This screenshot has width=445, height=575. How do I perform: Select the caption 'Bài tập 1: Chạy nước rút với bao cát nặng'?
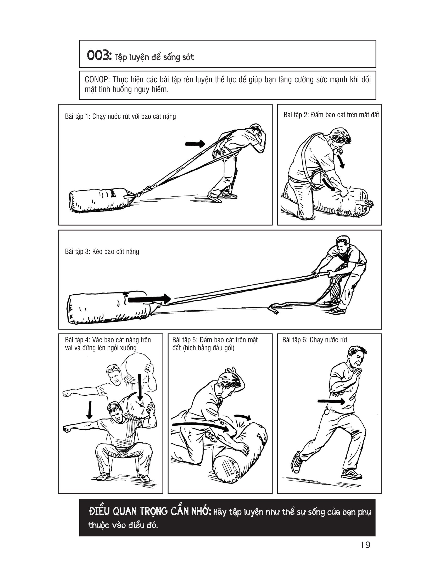coord(120,116)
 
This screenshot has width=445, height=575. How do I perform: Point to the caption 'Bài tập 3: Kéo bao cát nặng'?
coord(102,251)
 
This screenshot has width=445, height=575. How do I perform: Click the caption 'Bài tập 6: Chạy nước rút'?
coord(315,340)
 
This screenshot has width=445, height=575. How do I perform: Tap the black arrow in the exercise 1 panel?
coord(195,143)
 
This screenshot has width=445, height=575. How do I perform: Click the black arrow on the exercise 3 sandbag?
coord(149,299)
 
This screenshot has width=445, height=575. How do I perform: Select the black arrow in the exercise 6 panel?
coord(331,401)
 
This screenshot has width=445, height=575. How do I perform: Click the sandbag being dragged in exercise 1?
coord(100,200)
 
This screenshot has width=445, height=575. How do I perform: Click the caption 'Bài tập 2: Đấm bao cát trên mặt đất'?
coord(331,115)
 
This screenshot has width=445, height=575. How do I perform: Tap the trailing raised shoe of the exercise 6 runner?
coord(297,462)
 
